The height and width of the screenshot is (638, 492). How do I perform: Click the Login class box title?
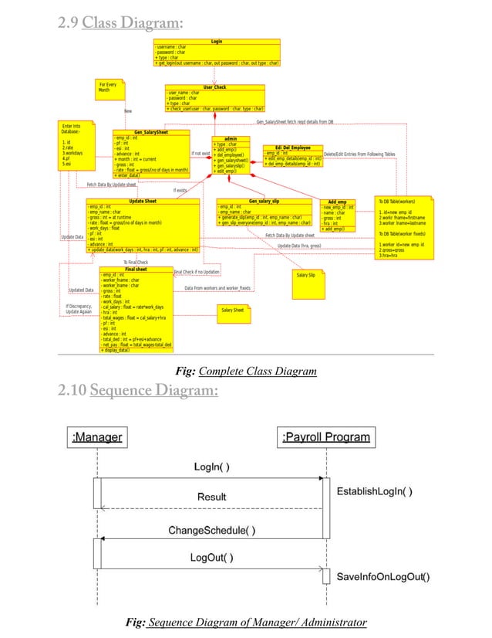pos(217,41)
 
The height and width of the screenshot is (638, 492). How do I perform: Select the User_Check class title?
pos(214,87)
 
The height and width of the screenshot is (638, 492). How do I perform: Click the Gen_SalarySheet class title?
pos(150,132)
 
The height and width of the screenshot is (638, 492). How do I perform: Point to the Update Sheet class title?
pos(142,201)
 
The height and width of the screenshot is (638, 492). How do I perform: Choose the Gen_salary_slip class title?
pos(264,201)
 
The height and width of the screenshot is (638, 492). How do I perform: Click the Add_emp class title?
pos(337,202)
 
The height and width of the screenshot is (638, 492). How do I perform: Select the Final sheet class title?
pos(136,269)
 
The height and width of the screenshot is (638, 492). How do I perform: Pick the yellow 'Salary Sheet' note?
pos(233,310)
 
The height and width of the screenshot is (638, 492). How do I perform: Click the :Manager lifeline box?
pos(97,437)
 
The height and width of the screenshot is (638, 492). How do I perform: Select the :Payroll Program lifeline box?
pos(326,437)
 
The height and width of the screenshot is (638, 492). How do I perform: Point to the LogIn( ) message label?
pos(211,467)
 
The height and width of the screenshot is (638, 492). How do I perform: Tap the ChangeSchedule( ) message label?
pos(212,530)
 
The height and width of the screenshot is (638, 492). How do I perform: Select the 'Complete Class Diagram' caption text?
pos(258,372)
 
